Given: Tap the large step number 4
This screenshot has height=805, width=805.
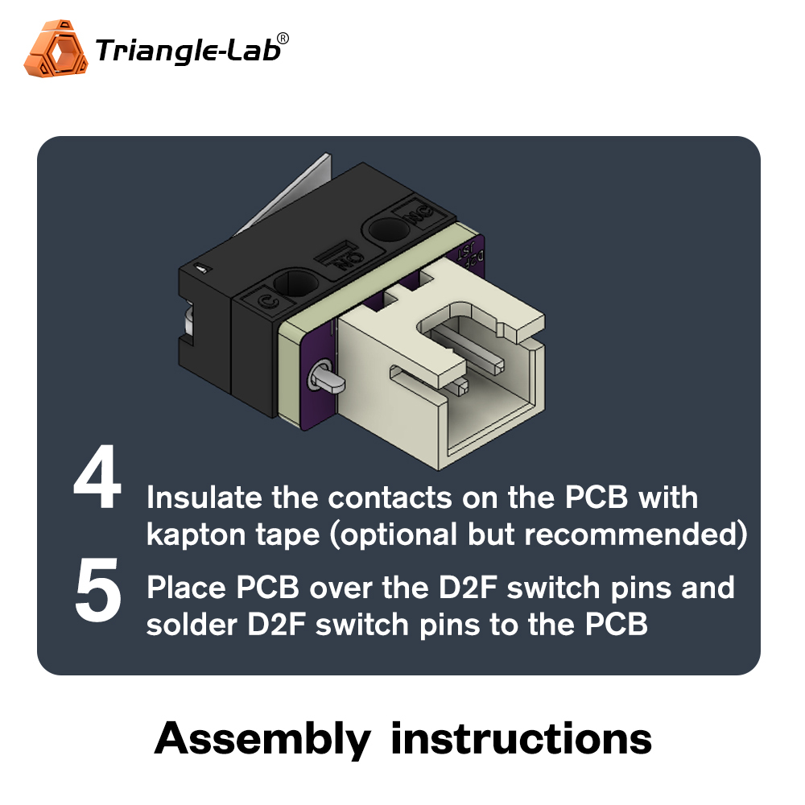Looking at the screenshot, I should [x=97, y=483].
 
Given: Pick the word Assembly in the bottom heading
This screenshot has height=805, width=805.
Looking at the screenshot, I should [x=262, y=738].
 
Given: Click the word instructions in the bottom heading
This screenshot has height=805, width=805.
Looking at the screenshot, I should [x=521, y=738].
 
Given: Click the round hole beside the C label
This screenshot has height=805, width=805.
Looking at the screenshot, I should [x=295, y=283].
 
